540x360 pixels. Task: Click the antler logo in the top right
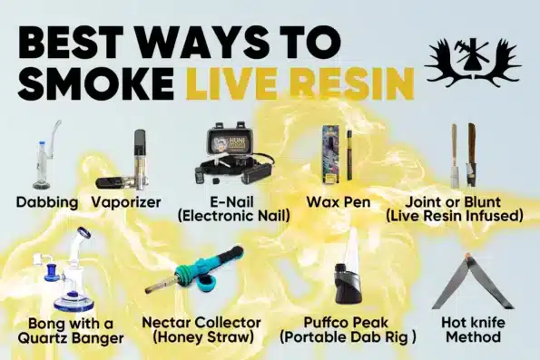click(x=473, y=59)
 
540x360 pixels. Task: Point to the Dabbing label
click(x=47, y=202)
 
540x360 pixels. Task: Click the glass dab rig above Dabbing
click(x=45, y=155)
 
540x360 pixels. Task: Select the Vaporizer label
click(x=126, y=202)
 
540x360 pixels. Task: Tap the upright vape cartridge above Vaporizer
click(x=140, y=159)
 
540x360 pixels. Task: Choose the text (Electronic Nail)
click(x=234, y=216)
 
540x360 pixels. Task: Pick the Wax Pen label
click(x=339, y=202)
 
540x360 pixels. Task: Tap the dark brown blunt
click(x=471, y=155)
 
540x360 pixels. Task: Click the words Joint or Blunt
click(x=453, y=202)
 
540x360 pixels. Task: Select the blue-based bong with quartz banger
click(x=67, y=271)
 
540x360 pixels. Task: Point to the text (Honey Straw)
click(x=202, y=337)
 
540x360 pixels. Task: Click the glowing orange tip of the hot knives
click(x=467, y=256)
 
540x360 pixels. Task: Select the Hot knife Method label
click(x=473, y=330)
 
